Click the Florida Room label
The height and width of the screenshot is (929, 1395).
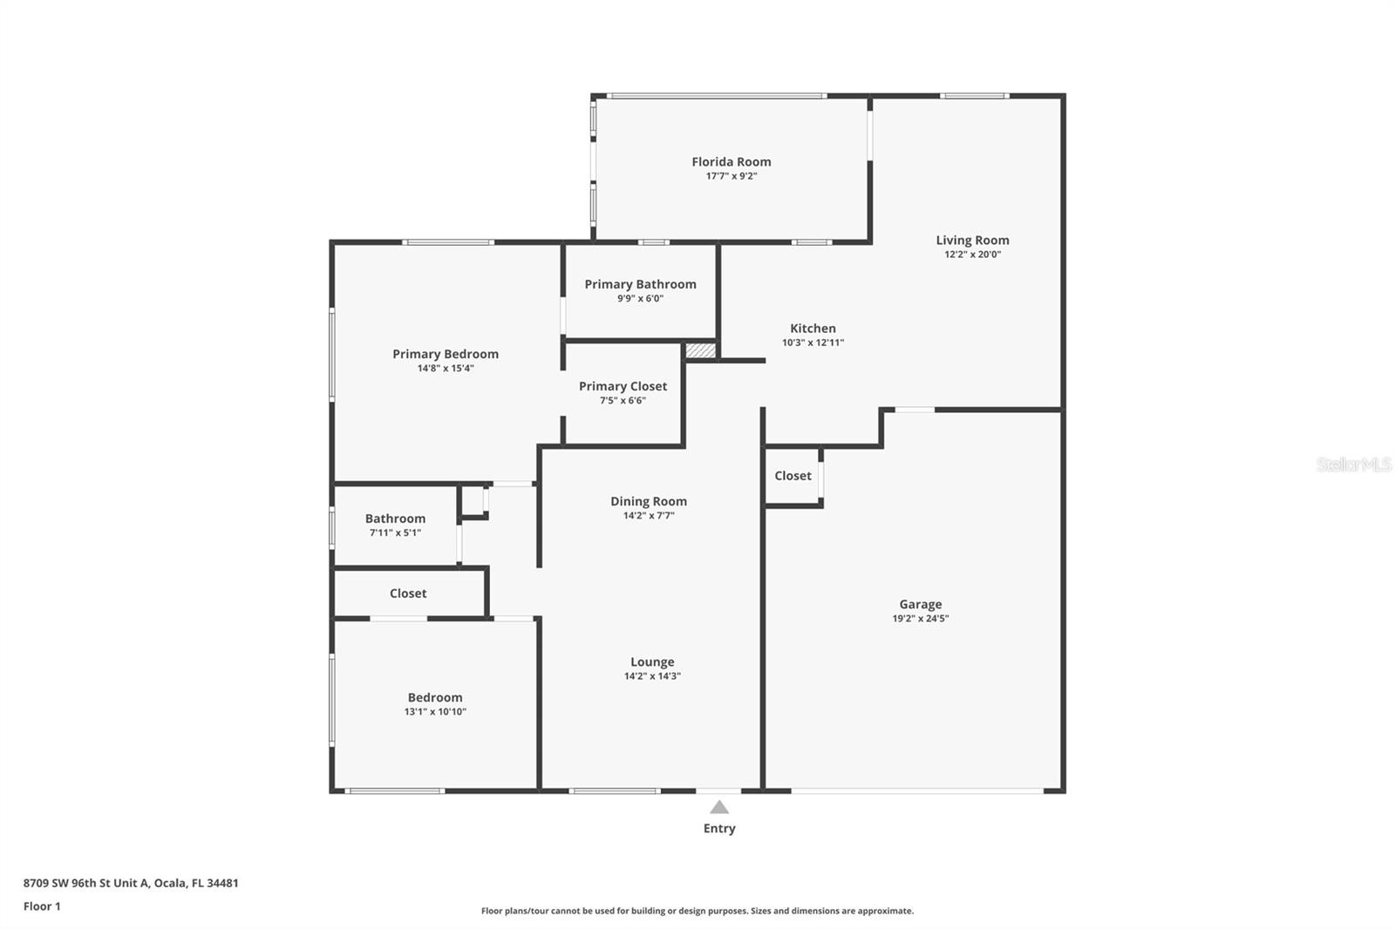coord(731,161)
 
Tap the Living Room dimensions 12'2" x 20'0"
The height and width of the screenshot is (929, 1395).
coord(972,254)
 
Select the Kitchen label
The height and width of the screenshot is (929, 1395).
coord(813,329)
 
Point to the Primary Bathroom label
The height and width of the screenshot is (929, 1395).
coord(640,284)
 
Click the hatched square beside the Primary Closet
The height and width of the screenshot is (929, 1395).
coord(700,350)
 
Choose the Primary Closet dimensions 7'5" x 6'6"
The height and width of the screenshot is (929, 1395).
coord(623,401)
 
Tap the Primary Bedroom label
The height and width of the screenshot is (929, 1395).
coord(446,354)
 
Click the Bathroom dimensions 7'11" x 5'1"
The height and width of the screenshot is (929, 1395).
coord(395,532)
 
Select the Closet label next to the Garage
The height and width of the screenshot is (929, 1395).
coord(793,476)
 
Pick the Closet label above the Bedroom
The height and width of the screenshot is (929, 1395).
coord(408,593)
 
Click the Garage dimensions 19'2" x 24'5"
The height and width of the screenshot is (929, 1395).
coord(920,619)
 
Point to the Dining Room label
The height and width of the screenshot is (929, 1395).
coord(648,501)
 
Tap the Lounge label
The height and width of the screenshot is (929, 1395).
coord(652,661)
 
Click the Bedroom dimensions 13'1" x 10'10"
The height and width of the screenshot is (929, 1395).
coord(435,712)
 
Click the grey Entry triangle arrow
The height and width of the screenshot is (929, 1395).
coord(719,807)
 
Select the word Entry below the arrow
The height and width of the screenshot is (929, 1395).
coord(719,829)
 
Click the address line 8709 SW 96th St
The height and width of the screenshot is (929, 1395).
coord(131,883)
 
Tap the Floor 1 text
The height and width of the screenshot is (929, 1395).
coord(42,906)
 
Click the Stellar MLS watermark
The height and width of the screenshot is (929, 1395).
coord(1353,464)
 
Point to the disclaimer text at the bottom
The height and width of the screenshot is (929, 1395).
coord(697,911)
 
